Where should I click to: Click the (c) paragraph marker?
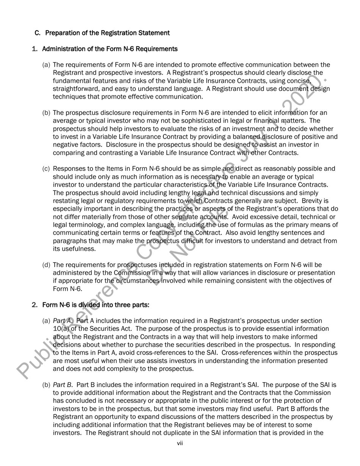45,169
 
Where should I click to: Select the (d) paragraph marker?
45,265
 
